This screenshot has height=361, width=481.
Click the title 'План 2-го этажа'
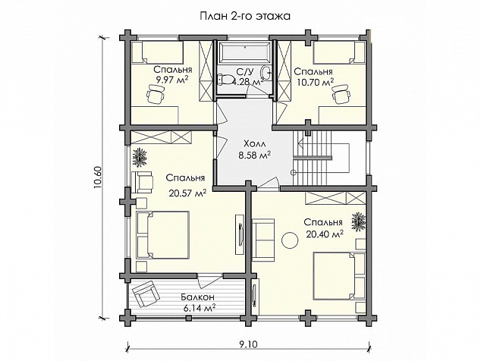tap(245, 16)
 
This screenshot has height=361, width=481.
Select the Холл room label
tap(254, 143)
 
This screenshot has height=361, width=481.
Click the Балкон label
tap(197, 297)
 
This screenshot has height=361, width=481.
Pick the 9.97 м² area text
tap(172, 80)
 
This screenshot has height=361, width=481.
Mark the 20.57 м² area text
tap(187, 193)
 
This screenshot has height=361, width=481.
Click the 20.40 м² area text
tap(324, 234)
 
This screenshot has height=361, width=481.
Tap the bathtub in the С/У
tap(244, 52)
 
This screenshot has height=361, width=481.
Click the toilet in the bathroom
tap(225, 80)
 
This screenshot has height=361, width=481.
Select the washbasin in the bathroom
tap(266, 72)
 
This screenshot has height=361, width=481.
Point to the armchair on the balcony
tap(146, 294)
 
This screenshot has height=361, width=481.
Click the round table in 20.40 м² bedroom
tap(290, 240)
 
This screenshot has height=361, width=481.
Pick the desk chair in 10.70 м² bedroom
tap(341, 95)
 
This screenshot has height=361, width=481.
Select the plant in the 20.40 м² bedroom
tap(358, 221)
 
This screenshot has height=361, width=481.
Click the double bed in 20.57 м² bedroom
tap(162, 234)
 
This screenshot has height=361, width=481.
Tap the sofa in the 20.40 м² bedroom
tap(263, 240)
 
